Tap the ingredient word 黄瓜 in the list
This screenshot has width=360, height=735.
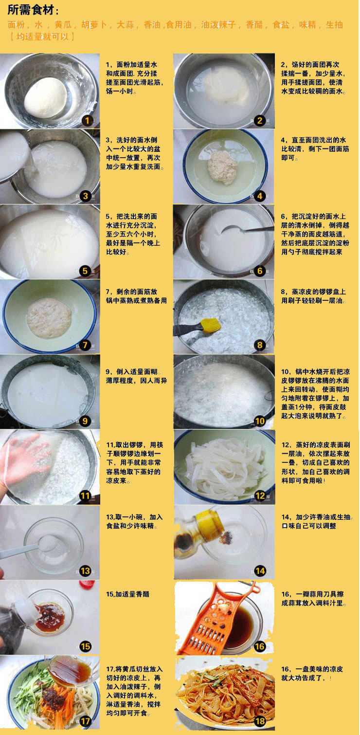click(63, 25)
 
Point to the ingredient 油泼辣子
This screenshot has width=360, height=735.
click(218, 25)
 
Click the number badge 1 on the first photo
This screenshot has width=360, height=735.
click(87, 120)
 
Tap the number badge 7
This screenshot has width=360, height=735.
click(85, 345)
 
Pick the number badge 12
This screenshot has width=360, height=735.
click(260, 496)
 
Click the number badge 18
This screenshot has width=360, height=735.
click(260, 721)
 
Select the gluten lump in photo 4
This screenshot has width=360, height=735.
click(223, 167)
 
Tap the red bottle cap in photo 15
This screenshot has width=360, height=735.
click(87, 585)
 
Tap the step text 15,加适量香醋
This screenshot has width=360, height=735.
click(127, 594)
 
